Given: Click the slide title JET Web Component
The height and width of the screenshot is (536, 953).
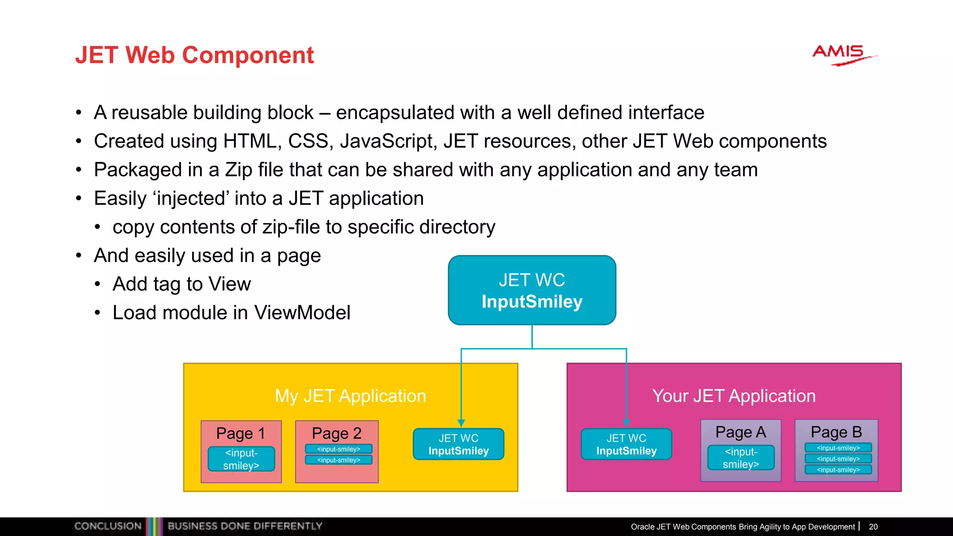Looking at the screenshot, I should tap(195, 55).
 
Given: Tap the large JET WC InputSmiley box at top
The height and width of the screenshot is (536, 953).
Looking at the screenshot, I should tap(532, 290).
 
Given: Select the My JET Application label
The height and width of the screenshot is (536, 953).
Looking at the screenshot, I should tap(350, 396).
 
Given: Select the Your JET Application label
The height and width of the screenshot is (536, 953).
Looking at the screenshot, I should tap(734, 396).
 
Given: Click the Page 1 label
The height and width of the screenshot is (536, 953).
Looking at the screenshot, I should tap(241, 433).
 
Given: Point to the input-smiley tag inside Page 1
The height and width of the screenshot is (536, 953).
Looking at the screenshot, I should tap(241, 459).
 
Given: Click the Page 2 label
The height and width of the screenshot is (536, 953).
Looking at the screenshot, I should tap(336, 433).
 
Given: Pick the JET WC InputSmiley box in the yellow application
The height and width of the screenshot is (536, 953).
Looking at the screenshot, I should tap(458, 444).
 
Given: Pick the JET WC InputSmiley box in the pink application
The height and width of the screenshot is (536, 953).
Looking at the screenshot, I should tap(626, 444).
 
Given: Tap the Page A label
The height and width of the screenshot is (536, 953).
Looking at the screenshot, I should tap(740, 432).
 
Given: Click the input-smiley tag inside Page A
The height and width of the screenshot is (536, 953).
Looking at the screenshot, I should tap(741, 458).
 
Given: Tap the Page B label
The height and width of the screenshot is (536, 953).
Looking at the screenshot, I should tap(836, 432).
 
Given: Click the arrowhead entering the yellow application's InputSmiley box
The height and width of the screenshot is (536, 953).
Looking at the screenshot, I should tap(461, 423).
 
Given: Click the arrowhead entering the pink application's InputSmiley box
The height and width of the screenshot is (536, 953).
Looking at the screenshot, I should tap(626, 423).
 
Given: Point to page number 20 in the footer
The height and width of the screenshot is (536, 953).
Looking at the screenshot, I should tap(873, 527).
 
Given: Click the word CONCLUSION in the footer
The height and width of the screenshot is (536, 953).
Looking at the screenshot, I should tap(108, 526).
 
